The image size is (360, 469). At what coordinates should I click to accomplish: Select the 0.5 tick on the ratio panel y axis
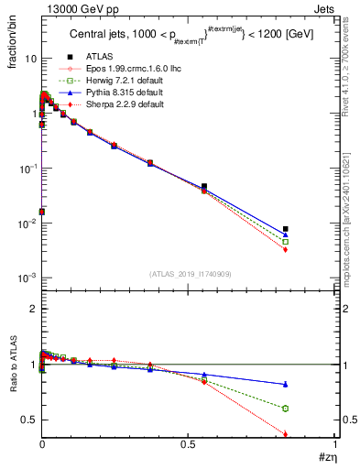28,420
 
